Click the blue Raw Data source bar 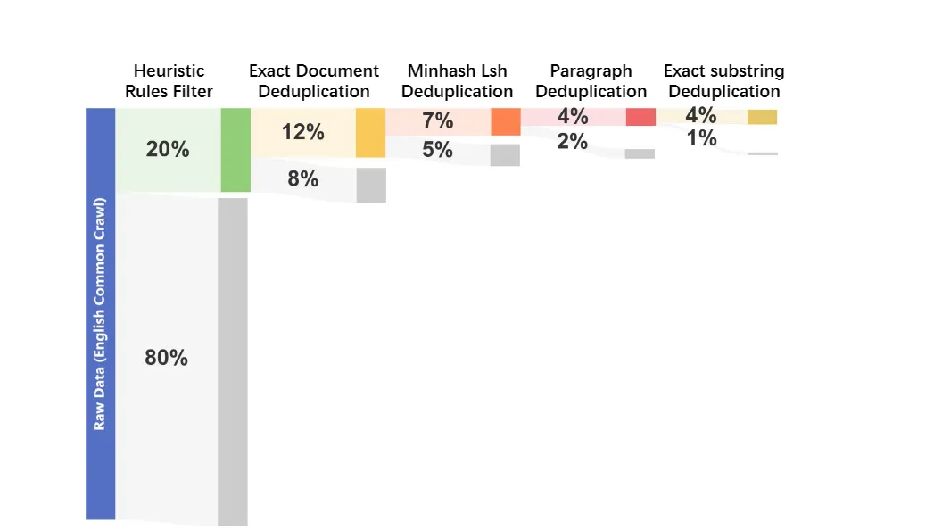(100, 313)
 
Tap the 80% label (166, 358)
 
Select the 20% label (168, 150)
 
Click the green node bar (235, 150)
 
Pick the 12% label (302, 132)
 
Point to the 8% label (302, 179)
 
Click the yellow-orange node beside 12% (370, 133)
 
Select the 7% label (437, 121)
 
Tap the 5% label (437, 150)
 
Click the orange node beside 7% (505, 121)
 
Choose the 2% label (572, 142)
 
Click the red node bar (640, 117)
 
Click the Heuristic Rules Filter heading (169, 81)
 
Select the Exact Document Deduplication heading (313, 81)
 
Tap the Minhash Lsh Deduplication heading (457, 81)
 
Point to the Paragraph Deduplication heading (591, 81)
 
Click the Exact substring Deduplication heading (723, 81)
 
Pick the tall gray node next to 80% (233, 361)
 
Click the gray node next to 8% (371, 185)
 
